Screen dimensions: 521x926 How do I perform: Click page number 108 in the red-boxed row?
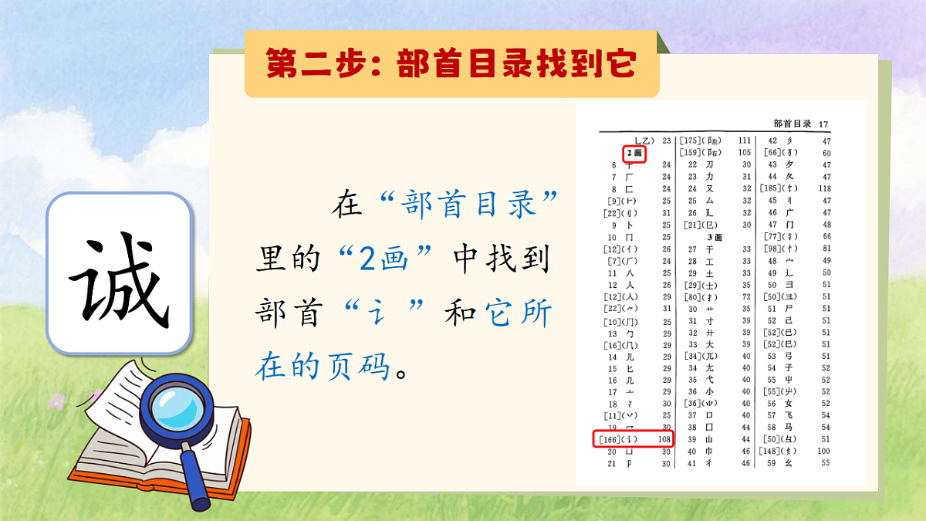(x=663, y=439)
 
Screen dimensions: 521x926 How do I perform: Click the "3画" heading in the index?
(x=715, y=236)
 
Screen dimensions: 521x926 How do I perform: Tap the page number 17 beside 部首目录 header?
(x=824, y=124)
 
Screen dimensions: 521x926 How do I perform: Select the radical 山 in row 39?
(x=708, y=439)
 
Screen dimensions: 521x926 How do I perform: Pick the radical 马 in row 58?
(x=788, y=427)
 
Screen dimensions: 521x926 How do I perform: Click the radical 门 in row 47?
(x=788, y=224)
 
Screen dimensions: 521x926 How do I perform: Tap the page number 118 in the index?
(x=825, y=188)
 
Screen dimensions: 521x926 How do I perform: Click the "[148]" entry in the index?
(x=772, y=451)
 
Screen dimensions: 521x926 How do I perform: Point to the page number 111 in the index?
(x=744, y=140)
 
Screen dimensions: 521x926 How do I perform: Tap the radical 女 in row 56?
(x=788, y=403)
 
